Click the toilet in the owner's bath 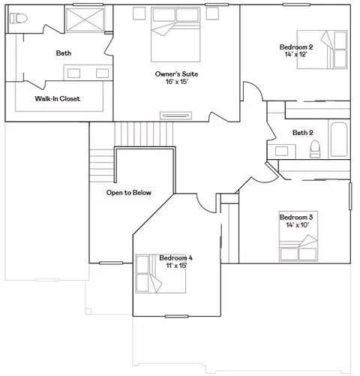tap(18, 18)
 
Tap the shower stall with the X tap(85, 20)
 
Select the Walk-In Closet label tap(58, 98)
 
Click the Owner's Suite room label tap(176, 74)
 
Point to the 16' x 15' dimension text tap(176, 82)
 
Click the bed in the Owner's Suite tap(175, 35)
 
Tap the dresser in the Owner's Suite tap(175, 116)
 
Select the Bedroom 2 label tap(296, 47)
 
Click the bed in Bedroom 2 tap(322, 50)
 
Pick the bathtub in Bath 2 tap(339, 140)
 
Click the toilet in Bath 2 tap(315, 149)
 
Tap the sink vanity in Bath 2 tap(281, 152)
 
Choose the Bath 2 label tap(303, 133)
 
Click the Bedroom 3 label tap(296, 217)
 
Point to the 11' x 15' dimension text tap(176, 266)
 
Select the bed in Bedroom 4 tap(160, 273)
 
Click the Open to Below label tap(129, 193)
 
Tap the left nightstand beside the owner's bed tap(139, 14)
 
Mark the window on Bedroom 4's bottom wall tap(176, 317)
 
